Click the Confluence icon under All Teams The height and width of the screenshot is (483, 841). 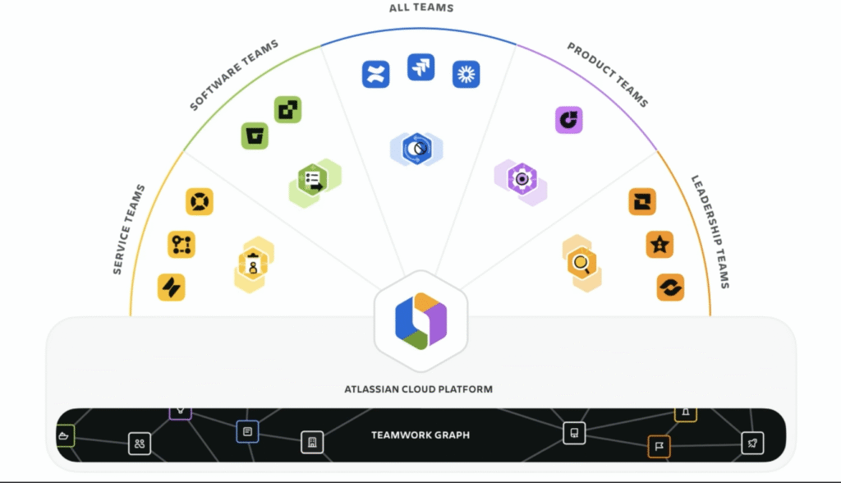[375, 74]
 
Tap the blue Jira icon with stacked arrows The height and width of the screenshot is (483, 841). [421, 67]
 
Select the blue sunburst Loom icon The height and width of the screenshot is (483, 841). [466, 75]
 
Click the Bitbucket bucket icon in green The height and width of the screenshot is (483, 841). [255, 136]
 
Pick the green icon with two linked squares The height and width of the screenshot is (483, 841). [288, 109]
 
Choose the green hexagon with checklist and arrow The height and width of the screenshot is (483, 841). [314, 180]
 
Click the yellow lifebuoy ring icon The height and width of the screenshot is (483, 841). [200, 201]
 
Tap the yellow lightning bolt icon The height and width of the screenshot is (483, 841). [172, 287]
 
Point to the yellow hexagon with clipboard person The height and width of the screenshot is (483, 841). [253, 264]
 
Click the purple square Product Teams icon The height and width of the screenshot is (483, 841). [568, 120]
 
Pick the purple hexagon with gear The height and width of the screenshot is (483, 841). [521, 179]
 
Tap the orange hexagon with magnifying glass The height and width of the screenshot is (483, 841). [581, 264]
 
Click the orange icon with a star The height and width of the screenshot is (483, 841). [659, 244]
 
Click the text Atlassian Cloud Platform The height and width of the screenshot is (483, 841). [419, 389]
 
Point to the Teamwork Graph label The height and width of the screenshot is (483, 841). [420, 435]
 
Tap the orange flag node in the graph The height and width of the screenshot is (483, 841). [659, 447]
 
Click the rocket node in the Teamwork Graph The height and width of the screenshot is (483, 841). [752, 444]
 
